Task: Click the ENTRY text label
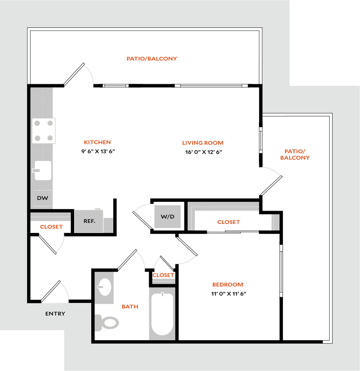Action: [55, 314]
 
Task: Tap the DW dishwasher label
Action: [42, 198]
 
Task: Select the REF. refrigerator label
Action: [89, 221]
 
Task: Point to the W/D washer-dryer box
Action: [167, 217]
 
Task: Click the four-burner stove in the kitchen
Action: [44, 131]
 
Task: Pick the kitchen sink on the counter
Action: [42, 170]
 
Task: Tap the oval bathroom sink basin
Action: [104, 287]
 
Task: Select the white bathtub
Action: [162, 314]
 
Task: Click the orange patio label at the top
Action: [151, 58]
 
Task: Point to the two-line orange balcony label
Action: [295, 154]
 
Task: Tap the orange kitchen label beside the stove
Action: [97, 142]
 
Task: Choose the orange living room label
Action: [202, 143]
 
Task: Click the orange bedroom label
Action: [227, 285]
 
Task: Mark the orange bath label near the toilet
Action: [130, 307]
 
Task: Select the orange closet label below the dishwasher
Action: [51, 227]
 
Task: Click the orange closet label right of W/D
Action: [229, 222]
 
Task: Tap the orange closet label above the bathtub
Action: [163, 275]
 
